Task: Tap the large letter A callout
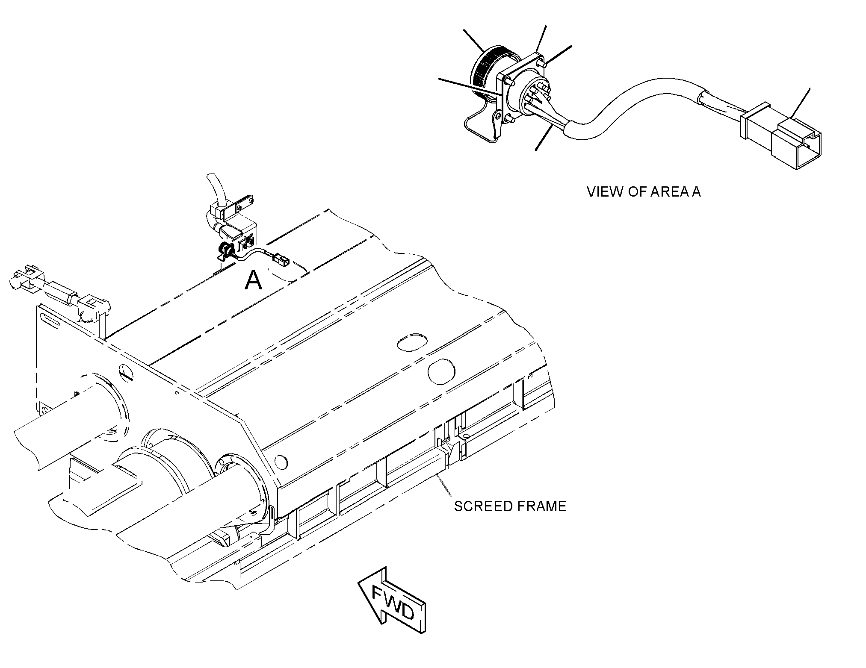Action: tap(253, 281)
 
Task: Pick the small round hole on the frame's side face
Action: tap(281, 462)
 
